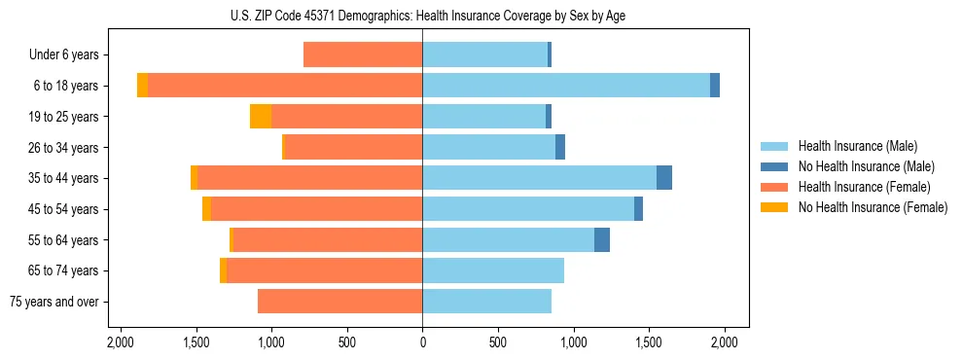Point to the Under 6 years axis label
pyautogui.click(x=64, y=55)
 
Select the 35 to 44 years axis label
pyautogui.click(x=64, y=178)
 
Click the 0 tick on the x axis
pyautogui.click(x=422, y=342)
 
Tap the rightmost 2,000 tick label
pyautogui.click(x=724, y=342)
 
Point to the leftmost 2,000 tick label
pyautogui.click(x=121, y=342)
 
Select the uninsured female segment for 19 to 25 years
pyautogui.click(x=261, y=117)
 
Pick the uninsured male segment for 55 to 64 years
pyautogui.click(x=602, y=239)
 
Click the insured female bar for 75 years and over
pyautogui.click(x=339, y=302)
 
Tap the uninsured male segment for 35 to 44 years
pyautogui.click(x=664, y=178)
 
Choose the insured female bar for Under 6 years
pyautogui.click(x=363, y=55)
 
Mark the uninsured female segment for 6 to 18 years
pyautogui.click(x=143, y=86)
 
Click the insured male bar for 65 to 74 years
pyautogui.click(x=493, y=270)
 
